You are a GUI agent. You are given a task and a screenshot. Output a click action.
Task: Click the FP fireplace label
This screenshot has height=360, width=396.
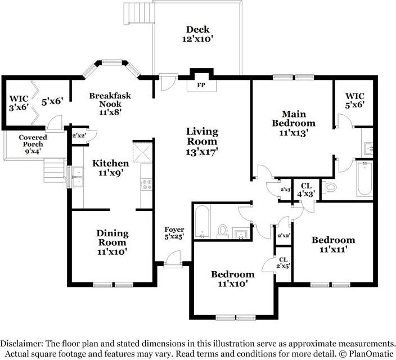(x=201, y=85)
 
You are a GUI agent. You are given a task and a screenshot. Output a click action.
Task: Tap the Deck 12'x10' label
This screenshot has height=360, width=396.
(x=198, y=34)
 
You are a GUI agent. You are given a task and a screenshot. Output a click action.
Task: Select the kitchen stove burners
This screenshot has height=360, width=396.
(x=146, y=184)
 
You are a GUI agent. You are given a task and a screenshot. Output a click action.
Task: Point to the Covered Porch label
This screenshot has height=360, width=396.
(x=33, y=144)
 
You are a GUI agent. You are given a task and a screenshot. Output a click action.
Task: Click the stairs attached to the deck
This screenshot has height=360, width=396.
(x=139, y=12)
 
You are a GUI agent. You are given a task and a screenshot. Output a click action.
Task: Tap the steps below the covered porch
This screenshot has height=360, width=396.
(x=55, y=170)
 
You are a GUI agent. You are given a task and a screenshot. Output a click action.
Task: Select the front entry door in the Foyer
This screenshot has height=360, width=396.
(x=173, y=260)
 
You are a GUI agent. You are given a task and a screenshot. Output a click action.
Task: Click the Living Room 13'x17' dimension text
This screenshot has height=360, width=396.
(x=201, y=152)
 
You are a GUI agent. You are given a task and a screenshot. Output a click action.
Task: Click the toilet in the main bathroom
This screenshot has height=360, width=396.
(x=331, y=187)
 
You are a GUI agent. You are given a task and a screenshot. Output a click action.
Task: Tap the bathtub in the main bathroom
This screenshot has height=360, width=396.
(x=364, y=178)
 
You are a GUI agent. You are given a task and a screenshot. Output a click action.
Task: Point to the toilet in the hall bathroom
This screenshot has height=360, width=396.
(x=223, y=231)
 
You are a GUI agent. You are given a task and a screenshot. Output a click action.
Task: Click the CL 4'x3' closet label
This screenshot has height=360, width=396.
(x=306, y=190)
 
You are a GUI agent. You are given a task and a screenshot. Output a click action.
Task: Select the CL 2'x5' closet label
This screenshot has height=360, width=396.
(x=283, y=263)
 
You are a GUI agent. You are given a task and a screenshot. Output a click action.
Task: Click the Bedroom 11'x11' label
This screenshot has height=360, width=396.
(x=334, y=245)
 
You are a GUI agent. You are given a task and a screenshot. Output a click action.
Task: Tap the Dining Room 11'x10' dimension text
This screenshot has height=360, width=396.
(x=112, y=251)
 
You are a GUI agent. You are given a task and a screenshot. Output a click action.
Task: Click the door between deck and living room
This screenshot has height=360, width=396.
(x=168, y=82)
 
